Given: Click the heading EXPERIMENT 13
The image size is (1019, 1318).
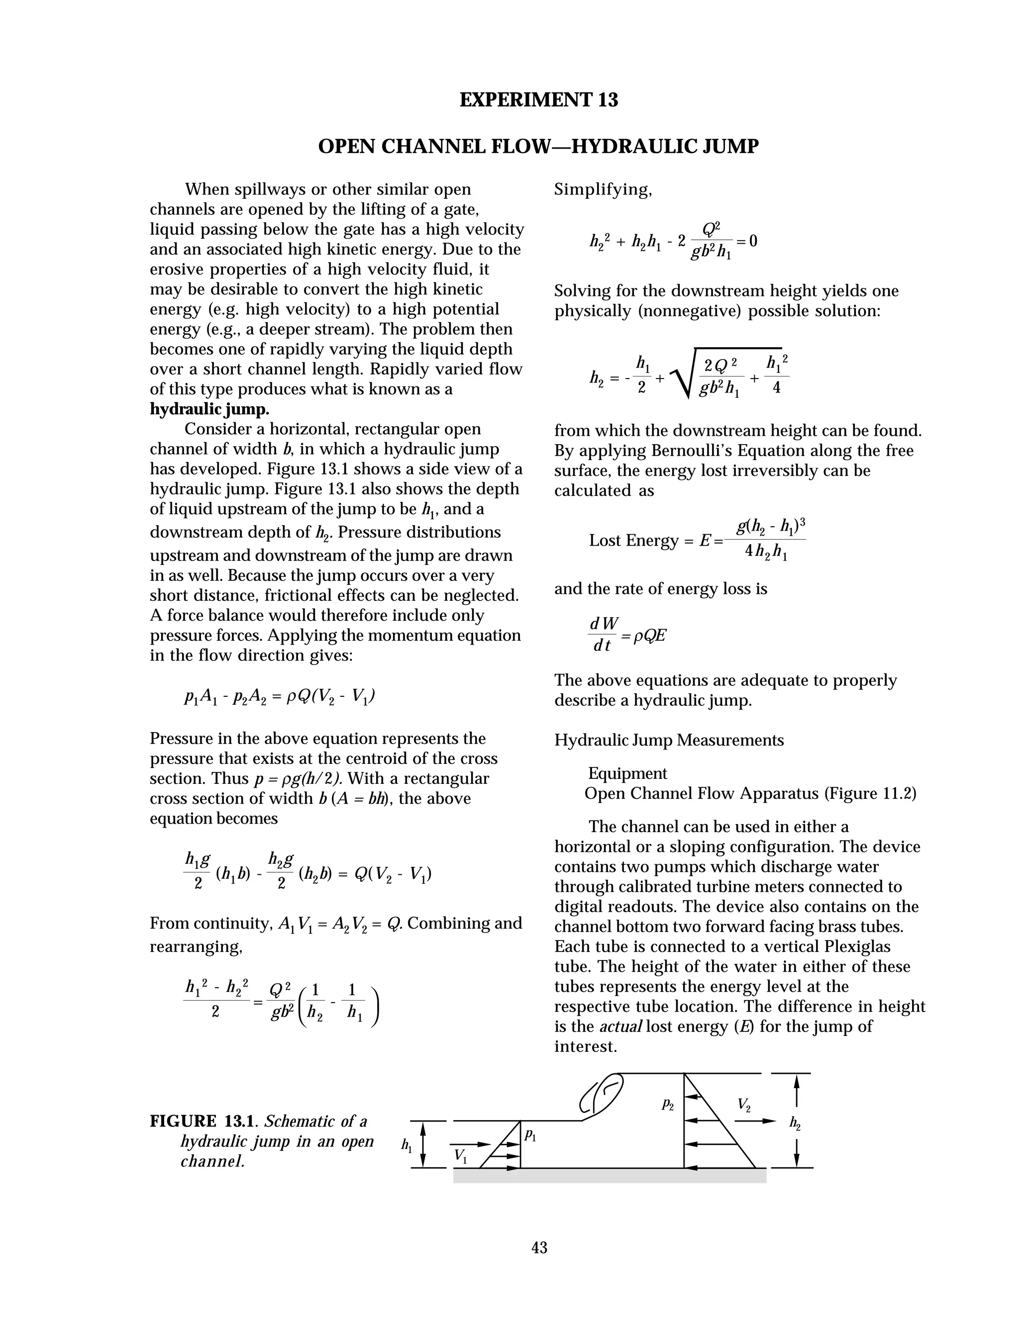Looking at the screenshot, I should pyautogui.click(x=538, y=99).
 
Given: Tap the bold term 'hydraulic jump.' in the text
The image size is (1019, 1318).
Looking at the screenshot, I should pyautogui.click(x=209, y=409).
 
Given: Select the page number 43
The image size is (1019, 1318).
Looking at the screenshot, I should pyautogui.click(x=539, y=1247).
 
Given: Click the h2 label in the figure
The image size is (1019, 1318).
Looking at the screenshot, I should pyautogui.click(x=795, y=1123).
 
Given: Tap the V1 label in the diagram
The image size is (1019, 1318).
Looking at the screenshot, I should pyautogui.click(x=460, y=1156).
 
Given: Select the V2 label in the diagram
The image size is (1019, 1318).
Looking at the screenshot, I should pyautogui.click(x=744, y=1106).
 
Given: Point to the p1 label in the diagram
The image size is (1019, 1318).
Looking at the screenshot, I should pyautogui.click(x=530, y=1134).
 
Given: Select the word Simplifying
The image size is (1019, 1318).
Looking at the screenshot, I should pyautogui.click(x=603, y=189).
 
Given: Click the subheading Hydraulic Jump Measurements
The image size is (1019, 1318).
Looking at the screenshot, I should pyautogui.click(x=668, y=740).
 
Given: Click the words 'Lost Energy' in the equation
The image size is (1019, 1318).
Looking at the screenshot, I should pyautogui.click(x=633, y=540).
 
